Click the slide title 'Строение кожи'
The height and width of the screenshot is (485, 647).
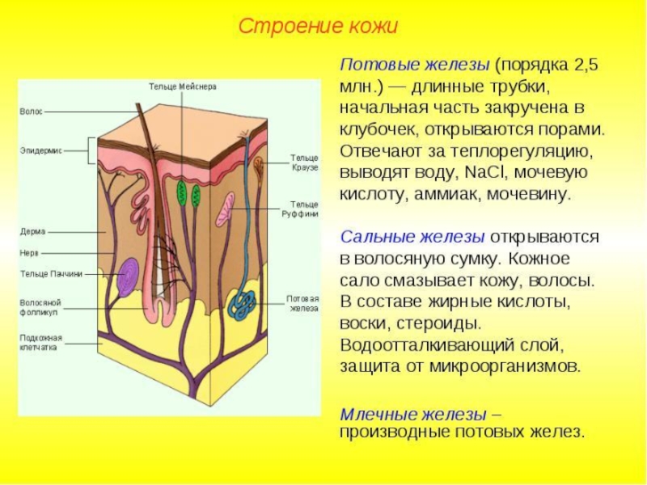coord(318,26)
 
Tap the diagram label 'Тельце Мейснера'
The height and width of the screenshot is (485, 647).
coord(183,86)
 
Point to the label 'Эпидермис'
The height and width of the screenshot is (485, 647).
coord(40,150)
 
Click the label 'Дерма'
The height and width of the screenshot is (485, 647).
coord(32,231)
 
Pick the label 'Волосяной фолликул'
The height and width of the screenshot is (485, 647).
coord(40,307)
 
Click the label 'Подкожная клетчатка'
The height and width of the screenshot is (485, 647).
coord(41,342)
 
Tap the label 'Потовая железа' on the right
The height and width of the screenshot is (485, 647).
coord(302,302)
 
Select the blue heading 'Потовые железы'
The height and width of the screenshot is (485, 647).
coord(414,64)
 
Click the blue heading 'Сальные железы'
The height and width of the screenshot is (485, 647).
coord(412,237)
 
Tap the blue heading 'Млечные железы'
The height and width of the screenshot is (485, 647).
coord(413,414)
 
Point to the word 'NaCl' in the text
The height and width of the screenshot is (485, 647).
coord(488,172)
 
